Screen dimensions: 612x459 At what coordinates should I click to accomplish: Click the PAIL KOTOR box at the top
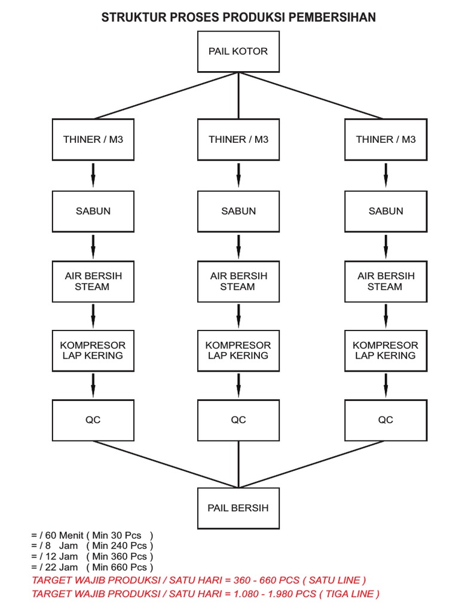(238, 51)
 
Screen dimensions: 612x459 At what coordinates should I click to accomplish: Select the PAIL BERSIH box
(238, 508)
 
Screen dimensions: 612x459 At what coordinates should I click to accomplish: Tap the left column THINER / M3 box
(93, 140)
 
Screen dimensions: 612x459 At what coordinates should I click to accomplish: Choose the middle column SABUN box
(238, 212)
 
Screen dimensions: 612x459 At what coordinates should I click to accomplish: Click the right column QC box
(385, 420)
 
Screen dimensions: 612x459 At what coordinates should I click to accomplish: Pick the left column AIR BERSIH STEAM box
(93, 281)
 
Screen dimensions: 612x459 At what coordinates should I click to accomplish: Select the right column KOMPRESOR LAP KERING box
(385, 350)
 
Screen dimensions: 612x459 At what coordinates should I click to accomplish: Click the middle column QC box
(238, 420)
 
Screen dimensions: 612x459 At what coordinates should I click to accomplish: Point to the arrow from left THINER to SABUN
(93, 175)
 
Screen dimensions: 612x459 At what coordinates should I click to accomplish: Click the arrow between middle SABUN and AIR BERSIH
(238, 246)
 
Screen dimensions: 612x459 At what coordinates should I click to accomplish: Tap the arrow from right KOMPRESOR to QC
(385, 384)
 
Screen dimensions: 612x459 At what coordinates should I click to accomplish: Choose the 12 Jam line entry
(55, 556)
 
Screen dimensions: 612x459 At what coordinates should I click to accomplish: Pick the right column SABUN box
(385, 212)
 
